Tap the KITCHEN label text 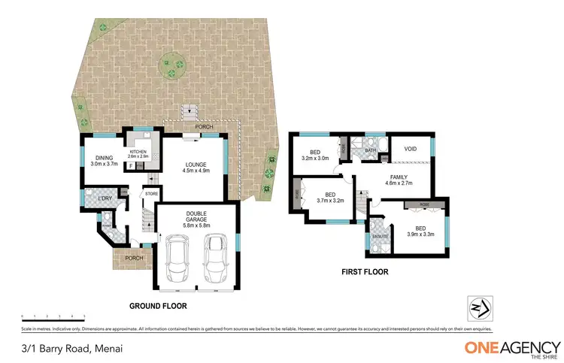140,153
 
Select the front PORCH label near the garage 134,258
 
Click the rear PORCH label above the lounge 204,127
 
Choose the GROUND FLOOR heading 157,307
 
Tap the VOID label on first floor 411,149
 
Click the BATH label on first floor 371,150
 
